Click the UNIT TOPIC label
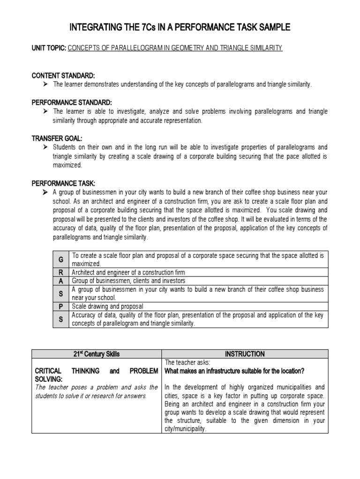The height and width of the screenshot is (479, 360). pos(49,48)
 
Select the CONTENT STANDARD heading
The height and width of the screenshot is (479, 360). pos(63,75)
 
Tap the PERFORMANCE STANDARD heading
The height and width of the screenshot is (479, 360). pos(71,102)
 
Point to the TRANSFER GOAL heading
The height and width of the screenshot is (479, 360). pos(57,138)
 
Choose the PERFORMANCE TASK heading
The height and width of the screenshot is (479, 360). pos(63,183)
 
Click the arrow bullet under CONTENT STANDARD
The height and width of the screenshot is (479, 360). pos(45,84)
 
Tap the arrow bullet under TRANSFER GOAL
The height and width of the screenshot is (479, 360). pos(45,147)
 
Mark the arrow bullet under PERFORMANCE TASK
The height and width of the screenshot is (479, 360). pos(45,192)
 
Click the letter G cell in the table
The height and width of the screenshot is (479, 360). pos(60,260)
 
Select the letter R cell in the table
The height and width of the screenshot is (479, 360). pos(60,272)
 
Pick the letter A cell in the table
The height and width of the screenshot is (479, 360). pos(60,281)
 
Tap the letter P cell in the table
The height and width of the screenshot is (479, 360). pos(60,306)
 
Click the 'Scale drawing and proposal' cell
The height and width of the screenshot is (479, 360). pos(108,306)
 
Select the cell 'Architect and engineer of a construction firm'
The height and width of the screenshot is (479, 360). pos(128,272)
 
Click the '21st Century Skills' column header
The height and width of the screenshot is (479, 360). pos(97,354)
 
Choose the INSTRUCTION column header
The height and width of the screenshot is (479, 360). pos(245,354)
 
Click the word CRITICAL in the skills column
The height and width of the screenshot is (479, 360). pos(48,371)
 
